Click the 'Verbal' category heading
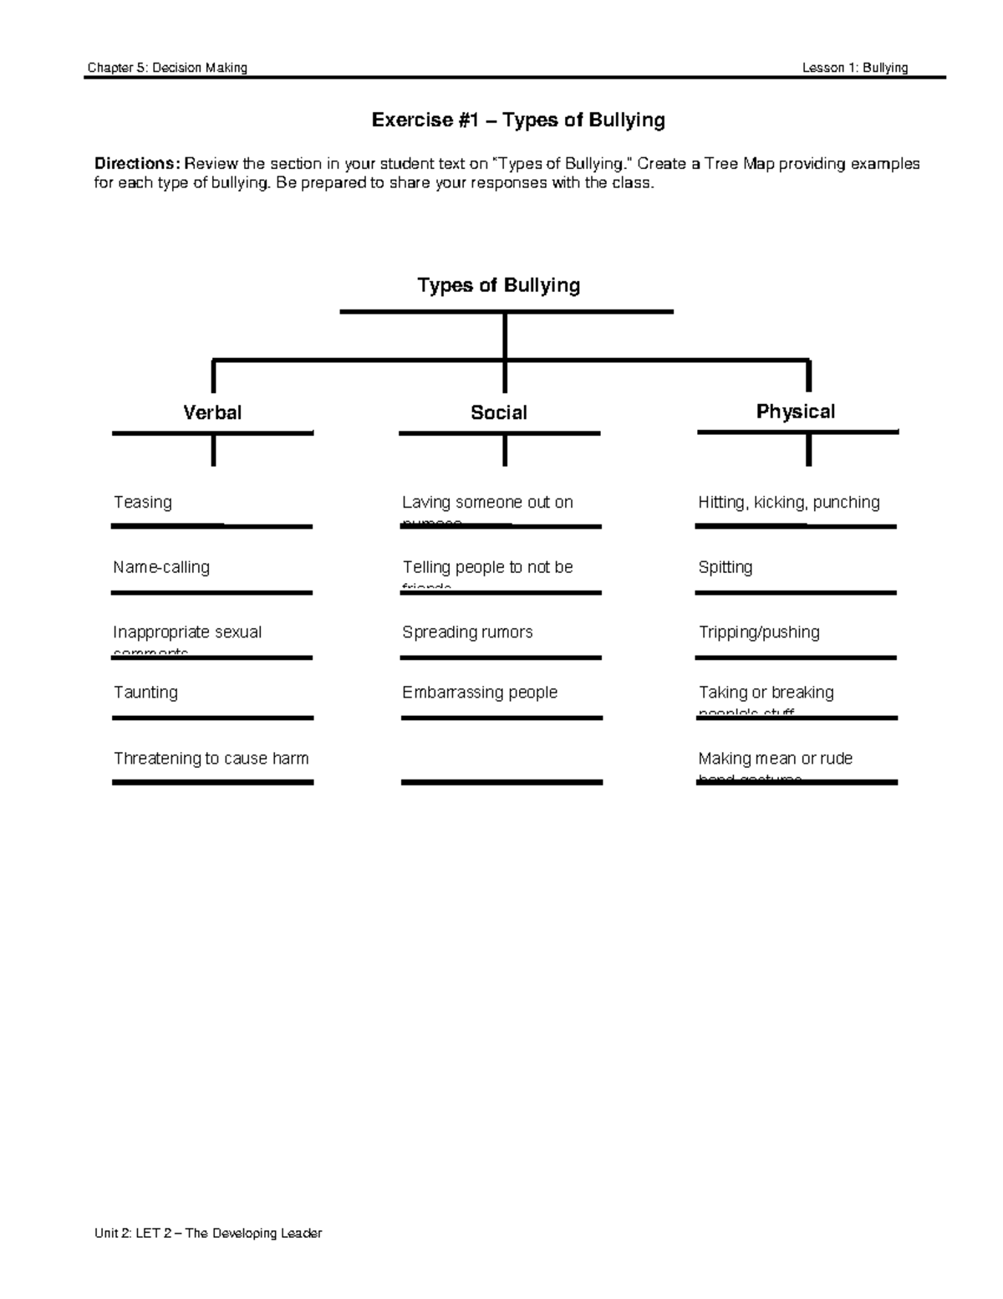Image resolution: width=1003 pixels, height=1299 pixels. (212, 412)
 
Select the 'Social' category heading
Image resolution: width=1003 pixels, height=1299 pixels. (499, 412)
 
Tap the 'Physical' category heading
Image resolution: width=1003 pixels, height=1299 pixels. (795, 412)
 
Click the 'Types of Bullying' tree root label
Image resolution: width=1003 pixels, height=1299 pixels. (499, 285)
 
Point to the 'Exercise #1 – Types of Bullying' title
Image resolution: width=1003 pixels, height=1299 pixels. (518, 120)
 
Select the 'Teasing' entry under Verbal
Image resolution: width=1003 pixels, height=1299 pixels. (143, 502)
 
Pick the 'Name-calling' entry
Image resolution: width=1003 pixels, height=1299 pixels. (161, 567)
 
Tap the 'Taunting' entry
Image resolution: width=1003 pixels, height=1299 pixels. (145, 693)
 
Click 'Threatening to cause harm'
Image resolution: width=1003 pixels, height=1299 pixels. (211, 759)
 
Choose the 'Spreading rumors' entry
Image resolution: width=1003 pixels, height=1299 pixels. (467, 632)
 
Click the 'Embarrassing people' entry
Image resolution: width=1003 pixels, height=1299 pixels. (480, 693)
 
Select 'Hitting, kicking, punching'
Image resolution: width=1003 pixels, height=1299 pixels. (789, 502)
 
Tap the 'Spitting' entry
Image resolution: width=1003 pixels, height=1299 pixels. (726, 567)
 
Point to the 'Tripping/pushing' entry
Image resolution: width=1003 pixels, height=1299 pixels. (759, 632)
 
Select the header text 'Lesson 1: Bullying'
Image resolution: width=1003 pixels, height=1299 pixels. (855, 68)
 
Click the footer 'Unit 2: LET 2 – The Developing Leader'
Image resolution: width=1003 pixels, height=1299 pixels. (208, 1233)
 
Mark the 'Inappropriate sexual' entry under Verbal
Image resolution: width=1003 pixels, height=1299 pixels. (187, 632)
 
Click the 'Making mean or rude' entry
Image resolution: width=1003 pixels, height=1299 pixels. (776, 759)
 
